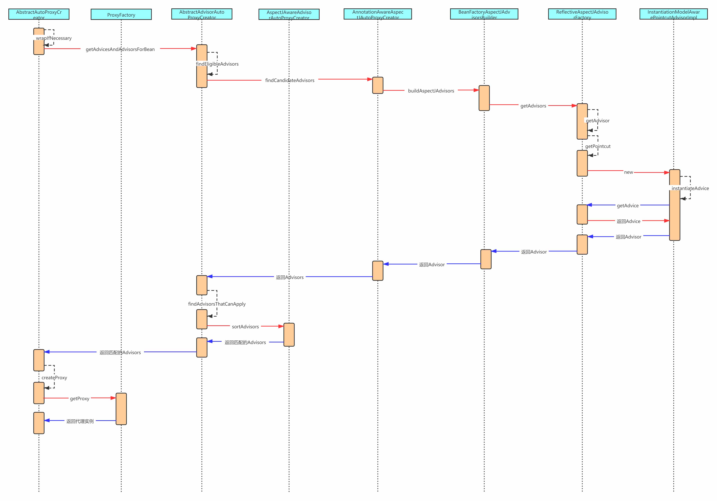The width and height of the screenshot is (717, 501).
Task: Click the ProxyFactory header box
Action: tap(121, 14)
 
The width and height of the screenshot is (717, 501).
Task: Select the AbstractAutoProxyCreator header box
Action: tap(39, 14)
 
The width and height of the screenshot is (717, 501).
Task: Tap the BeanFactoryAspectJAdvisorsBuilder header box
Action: tap(484, 14)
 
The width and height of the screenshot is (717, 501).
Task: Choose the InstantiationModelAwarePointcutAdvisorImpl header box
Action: tap(674, 14)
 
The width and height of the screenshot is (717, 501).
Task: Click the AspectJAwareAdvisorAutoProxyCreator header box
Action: tap(289, 14)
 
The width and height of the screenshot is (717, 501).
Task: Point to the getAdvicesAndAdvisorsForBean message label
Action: tap(120, 49)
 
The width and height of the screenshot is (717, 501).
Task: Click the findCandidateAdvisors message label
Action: tap(290, 80)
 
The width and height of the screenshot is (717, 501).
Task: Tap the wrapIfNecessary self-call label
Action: tap(54, 38)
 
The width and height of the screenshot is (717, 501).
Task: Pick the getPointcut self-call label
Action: tap(598, 146)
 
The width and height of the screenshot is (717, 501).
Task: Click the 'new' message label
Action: tap(628, 172)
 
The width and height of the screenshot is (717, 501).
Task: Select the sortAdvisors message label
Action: tap(245, 327)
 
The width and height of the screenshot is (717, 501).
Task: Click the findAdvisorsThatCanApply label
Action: tap(217, 304)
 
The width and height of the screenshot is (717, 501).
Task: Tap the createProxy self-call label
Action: tap(54, 378)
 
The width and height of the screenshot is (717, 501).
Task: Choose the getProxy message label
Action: tap(80, 399)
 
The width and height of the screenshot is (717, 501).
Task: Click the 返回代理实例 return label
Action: tap(80, 421)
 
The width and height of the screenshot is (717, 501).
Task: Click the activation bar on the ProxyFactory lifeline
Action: tap(121, 409)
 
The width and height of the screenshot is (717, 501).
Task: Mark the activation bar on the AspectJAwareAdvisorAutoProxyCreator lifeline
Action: tap(289, 335)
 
